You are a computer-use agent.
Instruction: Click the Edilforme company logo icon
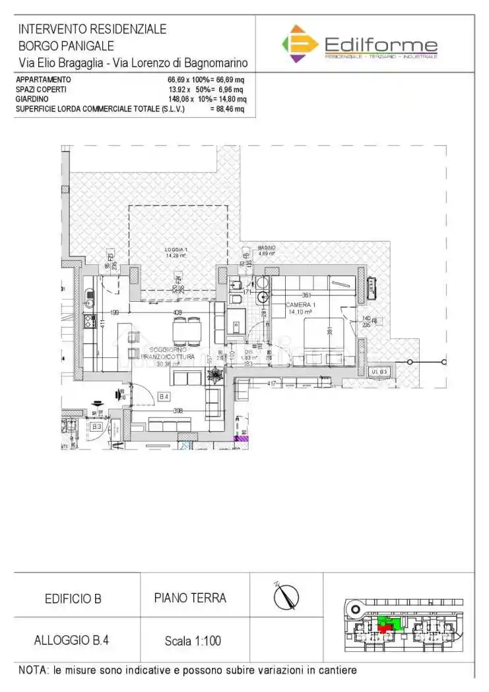coord(300,43)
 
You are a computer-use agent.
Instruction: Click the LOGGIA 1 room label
coord(176,252)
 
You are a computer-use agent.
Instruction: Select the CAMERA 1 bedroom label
coord(300,307)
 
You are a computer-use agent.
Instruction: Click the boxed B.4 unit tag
coord(165,396)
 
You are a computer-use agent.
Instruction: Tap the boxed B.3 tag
coord(96,426)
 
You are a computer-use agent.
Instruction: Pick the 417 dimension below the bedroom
coord(271,383)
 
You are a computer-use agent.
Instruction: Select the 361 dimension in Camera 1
coord(306,295)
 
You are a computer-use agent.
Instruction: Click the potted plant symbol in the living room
coord(215,375)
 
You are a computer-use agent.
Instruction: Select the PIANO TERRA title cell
coord(190,598)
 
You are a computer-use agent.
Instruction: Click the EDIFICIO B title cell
coord(73,599)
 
